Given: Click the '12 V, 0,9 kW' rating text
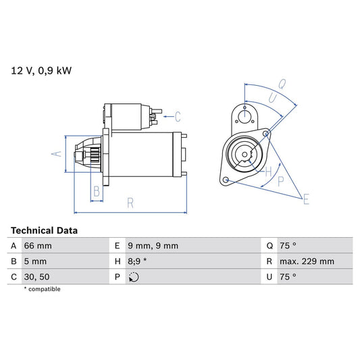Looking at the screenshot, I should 41,70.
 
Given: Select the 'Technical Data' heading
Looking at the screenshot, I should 44,230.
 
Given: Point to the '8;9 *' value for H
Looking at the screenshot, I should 138,261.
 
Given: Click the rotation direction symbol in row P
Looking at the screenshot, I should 134,276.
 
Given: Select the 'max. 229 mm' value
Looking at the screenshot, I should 308,261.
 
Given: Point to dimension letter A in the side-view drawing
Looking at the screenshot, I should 57,154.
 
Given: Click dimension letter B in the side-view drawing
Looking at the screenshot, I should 97,192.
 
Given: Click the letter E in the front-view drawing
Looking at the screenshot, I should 305,199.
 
